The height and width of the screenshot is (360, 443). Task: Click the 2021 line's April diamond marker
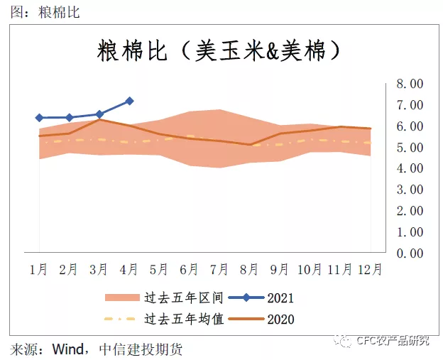129,101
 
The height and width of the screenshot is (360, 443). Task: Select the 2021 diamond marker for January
40,118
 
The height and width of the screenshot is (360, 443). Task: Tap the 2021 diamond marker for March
99,114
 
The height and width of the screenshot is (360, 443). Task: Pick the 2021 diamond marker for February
70,118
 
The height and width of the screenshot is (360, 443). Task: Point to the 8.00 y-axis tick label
410,84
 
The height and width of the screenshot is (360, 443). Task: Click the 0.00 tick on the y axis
410,253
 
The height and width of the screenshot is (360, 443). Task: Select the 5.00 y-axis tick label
410,147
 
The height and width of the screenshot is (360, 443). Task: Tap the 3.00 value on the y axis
410,190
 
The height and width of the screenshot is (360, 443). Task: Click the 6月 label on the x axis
189,269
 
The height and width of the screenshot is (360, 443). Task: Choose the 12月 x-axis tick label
370,269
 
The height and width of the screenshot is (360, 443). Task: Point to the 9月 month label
279,269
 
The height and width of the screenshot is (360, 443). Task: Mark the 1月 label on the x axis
38,269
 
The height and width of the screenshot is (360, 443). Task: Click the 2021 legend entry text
280,298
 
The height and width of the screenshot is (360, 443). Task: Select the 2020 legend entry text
280,320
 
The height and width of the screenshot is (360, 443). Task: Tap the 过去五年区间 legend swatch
122,298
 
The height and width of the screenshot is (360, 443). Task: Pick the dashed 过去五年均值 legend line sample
120,319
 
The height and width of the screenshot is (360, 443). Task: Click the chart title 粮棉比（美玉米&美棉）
219,51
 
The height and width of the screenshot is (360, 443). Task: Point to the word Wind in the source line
68,349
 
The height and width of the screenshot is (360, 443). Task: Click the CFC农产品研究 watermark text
393,341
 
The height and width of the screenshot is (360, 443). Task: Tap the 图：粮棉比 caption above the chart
45,13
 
